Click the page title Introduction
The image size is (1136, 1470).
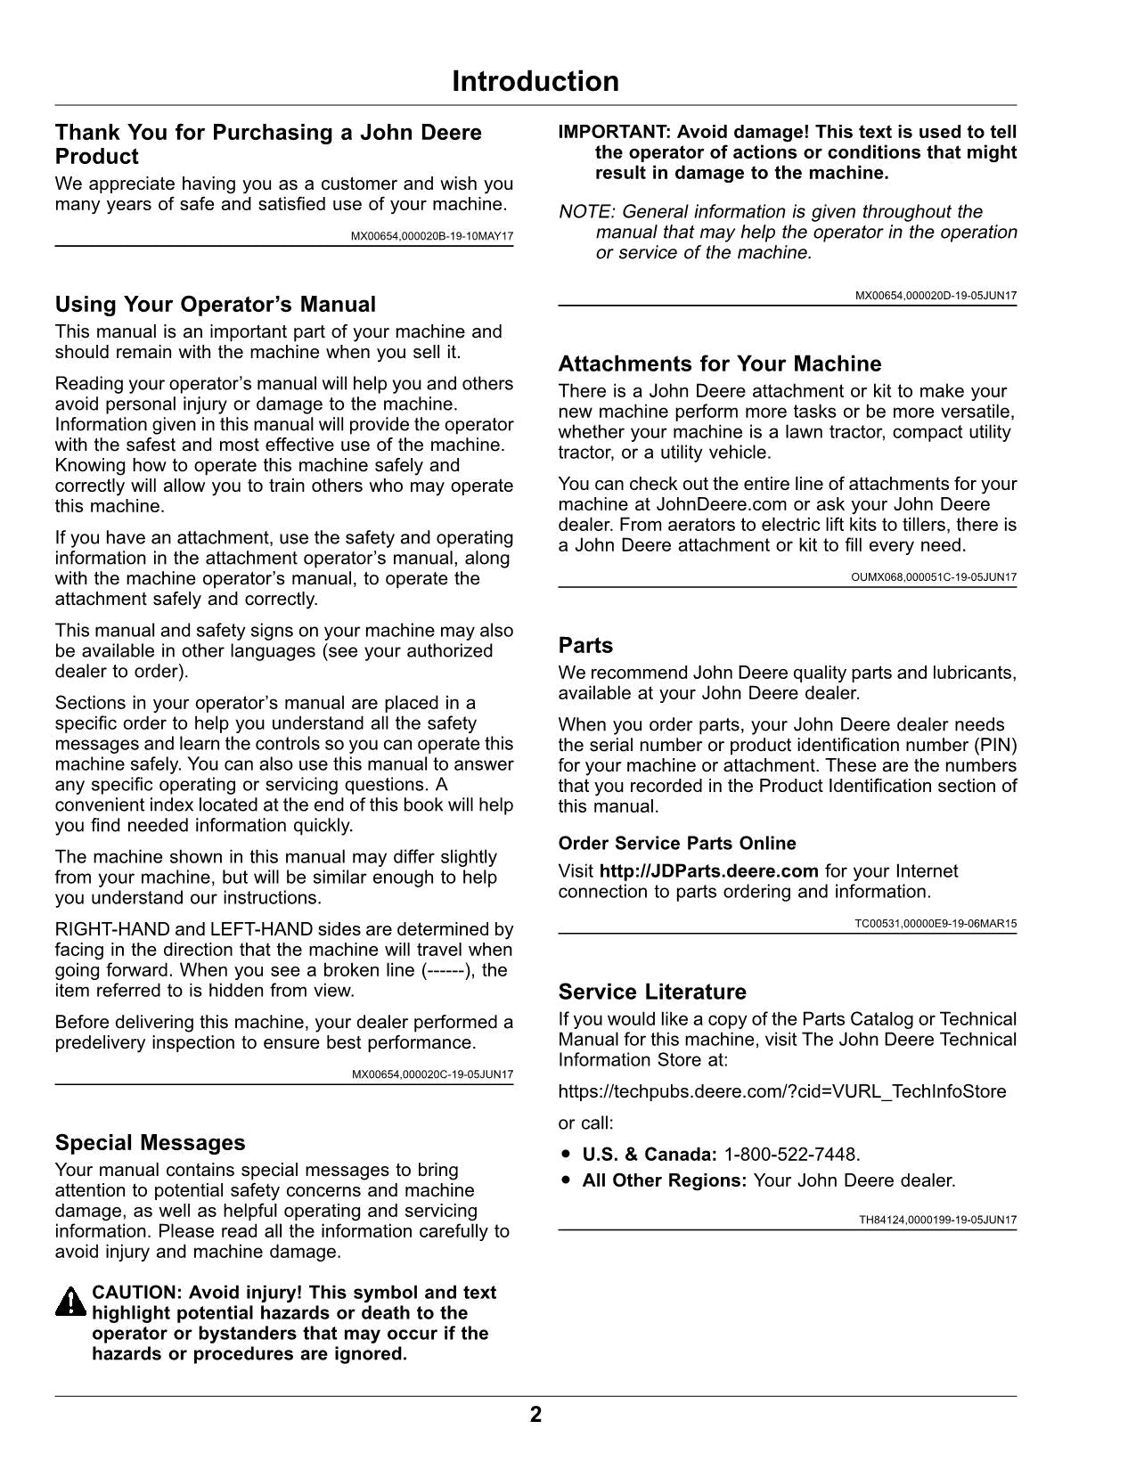[535, 81]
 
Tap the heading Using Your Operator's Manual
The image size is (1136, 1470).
[216, 305]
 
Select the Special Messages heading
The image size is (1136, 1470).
[150, 1143]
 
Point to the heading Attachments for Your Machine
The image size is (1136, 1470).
[720, 363]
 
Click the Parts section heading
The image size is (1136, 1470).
[585, 645]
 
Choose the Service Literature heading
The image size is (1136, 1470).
[652, 992]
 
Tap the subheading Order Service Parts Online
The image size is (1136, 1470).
[677, 843]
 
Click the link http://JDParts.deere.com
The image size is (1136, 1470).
[708, 870]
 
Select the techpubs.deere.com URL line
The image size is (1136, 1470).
[782, 1091]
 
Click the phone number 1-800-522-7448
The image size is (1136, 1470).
[791, 1155]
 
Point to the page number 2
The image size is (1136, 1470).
[535, 1415]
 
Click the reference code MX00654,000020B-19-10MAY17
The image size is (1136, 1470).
[432, 236]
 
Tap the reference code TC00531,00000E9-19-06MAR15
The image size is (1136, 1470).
[936, 923]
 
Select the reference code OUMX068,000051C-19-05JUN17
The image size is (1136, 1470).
[934, 577]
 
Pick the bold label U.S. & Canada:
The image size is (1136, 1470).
[650, 1155]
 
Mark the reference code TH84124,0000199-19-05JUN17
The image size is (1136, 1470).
[937, 1221]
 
